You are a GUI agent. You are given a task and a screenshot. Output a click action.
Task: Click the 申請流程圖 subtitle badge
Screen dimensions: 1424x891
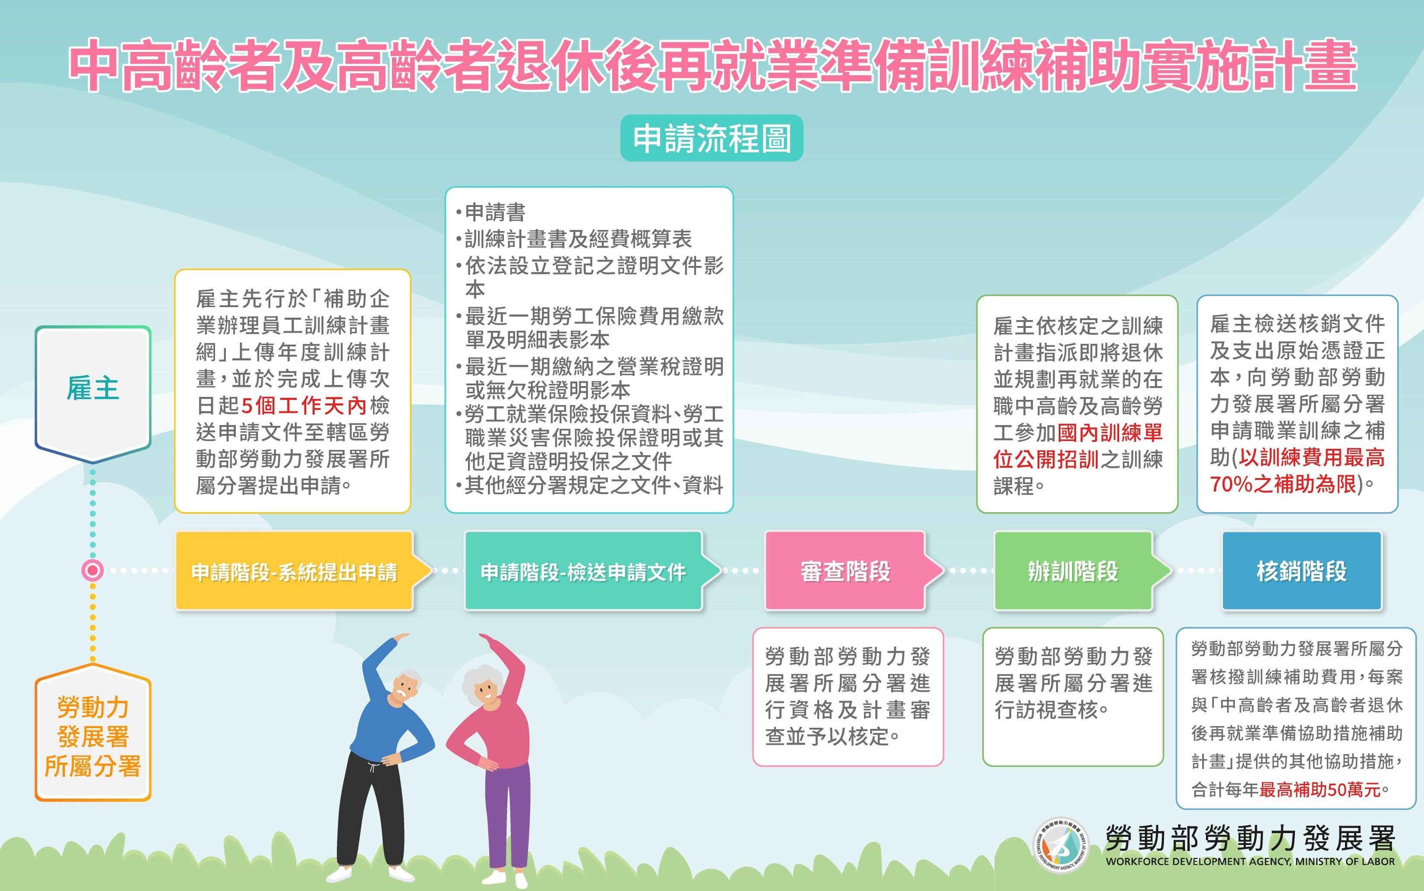pyautogui.click(x=712, y=138)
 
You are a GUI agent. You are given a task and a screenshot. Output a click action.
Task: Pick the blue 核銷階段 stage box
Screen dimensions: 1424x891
pyautogui.click(x=1302, y=571)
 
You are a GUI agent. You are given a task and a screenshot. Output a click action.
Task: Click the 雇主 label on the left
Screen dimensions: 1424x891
pyautogui.click(x=92, y=389)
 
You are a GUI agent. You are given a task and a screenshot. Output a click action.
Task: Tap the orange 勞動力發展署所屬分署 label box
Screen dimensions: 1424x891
pyautogui.click(x=92, y=734)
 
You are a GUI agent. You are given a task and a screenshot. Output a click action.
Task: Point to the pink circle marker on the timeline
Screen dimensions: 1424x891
pyautogui.click(x=92, y=571)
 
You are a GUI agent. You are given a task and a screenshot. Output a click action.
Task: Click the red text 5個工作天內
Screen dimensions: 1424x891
pyautogui.click(x=304, y=406)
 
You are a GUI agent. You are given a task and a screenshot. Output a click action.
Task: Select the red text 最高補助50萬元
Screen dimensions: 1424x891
pyautogui.click(x=1320, y=790)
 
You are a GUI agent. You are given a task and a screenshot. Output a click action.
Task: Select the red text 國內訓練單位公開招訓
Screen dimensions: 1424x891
pyautogui.click(x=1078, y=446)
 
